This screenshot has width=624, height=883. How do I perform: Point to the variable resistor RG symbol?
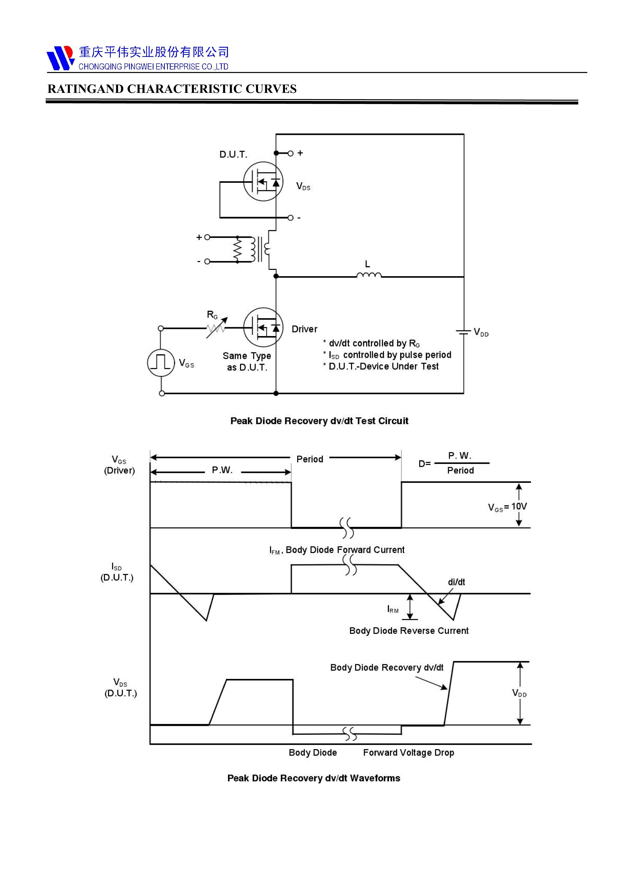[x=216, y=328]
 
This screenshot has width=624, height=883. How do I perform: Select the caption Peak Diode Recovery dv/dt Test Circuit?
[x=319, y=421]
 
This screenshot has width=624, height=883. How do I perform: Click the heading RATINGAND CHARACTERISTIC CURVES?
[x=172, y=89]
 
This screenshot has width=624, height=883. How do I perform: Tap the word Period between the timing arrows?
[x=309, y=459]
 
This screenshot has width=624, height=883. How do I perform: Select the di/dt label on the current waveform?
[x=456, y=582]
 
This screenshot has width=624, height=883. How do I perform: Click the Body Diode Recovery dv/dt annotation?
[x=386, y=668]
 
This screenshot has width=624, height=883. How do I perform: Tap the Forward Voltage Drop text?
[x=408, y=753]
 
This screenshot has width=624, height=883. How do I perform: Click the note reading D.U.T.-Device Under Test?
[x=383, y=366]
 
